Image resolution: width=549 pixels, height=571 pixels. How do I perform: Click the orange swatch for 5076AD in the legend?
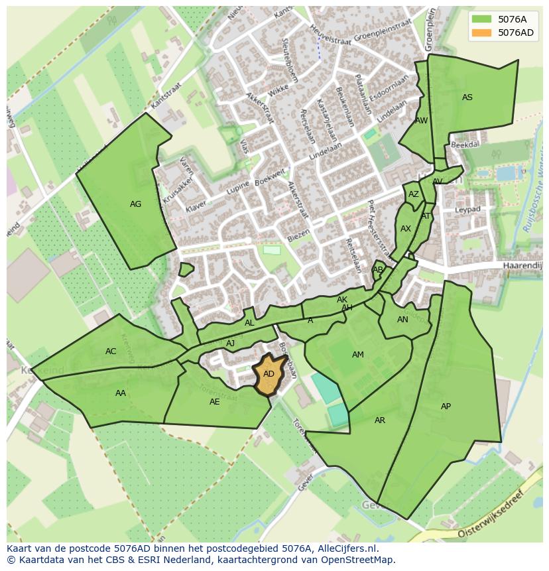click(483, 32)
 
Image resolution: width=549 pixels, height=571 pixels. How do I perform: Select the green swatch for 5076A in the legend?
click(483, 19)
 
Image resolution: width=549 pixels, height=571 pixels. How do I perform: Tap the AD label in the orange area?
click(269, 374)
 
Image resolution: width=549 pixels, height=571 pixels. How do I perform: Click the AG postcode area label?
click(135, 204)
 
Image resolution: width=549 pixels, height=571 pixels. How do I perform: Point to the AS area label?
click(467, 97)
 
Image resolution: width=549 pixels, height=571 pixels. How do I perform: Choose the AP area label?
click(446, 407)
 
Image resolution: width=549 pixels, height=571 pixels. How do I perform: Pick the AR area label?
click(380, 420)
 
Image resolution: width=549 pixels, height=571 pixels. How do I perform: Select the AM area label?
click(358, 355)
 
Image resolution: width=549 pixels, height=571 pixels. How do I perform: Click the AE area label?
click(215, 402)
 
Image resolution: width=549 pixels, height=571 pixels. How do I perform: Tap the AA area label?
click(121, 393)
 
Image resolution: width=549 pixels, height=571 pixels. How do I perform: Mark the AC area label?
click(111, 351)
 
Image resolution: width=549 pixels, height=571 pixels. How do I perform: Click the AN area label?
click(402, 320)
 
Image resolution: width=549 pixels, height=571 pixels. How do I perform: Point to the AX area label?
click(406, 229)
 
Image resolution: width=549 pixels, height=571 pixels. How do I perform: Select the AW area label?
click(421, 121)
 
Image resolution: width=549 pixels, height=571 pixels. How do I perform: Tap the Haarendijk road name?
click(522, 265)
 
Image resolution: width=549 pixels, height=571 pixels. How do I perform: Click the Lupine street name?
click(239, 189)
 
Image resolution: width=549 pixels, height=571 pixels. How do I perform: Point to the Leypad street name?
click(467, 210)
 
